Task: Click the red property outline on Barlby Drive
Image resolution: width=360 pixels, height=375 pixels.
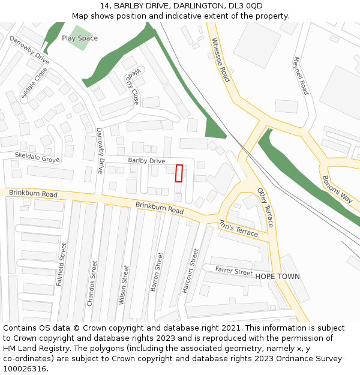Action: pyautogui.click(x=179, y=173)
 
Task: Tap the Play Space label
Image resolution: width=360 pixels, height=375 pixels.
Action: pyautogui.click(x=80, y=38)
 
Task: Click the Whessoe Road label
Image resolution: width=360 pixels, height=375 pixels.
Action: pyautogui.click(x=220, y=60)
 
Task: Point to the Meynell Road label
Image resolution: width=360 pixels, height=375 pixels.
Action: pyautogui.click(x=301, y=76)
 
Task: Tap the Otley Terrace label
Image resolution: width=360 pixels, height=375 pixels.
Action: pyautogui.click(x=265, y=207)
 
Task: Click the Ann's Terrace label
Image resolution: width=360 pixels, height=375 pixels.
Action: pyautogui.click(x=238, y=228)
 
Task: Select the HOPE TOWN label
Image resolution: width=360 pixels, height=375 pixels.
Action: pyautogui.click(x=277, y=277)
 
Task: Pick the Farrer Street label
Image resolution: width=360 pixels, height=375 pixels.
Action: pyautogui.click(x=234, y=272)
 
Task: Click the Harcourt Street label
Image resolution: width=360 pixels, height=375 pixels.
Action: pyautogui.click(x=190, y=271)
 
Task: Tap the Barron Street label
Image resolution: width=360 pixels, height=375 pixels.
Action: pyautogui.click(x=157, y=272)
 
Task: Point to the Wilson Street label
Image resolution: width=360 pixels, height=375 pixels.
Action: pyautogui.click(x=125, y=285)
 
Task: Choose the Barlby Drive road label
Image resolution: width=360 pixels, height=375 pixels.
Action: pyautogui.click(x=146, y=161)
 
